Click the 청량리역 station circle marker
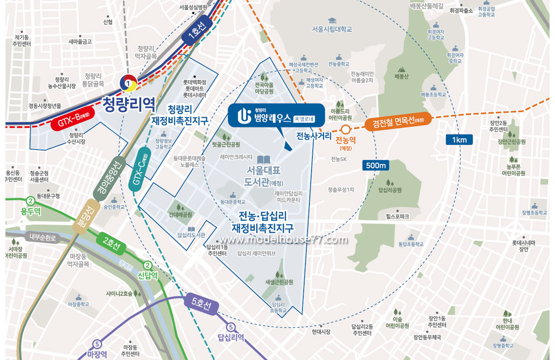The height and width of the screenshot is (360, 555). [129, 83]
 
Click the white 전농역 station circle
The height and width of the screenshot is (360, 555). [346, 129]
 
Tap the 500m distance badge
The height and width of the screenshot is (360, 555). [376, 165]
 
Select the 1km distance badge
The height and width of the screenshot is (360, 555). [459, 140]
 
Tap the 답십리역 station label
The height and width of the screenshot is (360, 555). [231, 337]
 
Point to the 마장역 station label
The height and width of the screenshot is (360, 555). [97, 354]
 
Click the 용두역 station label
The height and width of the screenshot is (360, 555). [30, 211]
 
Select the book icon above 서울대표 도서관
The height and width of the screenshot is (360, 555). [263, 160]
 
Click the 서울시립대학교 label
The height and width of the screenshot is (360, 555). [332, 29]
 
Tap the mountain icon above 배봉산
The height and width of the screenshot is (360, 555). [401, 70]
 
